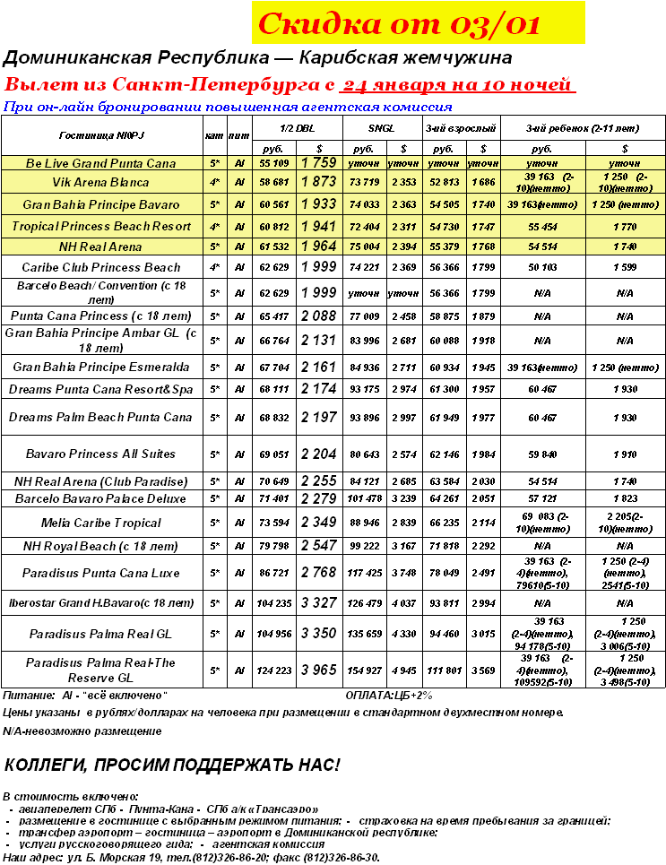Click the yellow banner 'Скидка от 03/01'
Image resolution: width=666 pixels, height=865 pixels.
click(x=418, y=23)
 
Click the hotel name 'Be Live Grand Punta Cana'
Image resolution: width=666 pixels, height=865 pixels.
click(x=100, y=164)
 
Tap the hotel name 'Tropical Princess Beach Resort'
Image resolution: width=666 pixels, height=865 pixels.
click(x=100, y=226)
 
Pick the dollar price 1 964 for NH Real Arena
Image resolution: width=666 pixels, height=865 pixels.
click(x=318, y=247)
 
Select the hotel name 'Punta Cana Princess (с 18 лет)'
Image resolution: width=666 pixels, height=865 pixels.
click(x=100, y=316)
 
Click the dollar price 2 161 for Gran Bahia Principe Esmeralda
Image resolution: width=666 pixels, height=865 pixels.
click(x=318, y=368)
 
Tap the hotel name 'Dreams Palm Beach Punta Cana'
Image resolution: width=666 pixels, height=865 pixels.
click(x=100, y=418)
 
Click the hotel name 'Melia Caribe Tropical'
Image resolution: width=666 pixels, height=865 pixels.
click(x=100, y=523)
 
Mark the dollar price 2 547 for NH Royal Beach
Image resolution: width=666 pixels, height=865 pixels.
click(x=318, y=546)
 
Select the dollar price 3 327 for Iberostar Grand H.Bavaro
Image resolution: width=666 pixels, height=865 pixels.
click(x=318, y=602)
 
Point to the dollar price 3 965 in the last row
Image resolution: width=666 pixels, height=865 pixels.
click(x=318, y=670)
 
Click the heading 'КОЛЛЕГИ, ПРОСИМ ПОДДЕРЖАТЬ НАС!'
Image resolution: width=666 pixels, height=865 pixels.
click(x=172, y=765)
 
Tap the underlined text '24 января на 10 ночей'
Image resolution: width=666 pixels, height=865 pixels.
click(x=458, y=86)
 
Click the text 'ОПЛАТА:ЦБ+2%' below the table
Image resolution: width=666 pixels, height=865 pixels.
click(x=389, y=696)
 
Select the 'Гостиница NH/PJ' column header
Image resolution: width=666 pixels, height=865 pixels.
click(x=100, y=136)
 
